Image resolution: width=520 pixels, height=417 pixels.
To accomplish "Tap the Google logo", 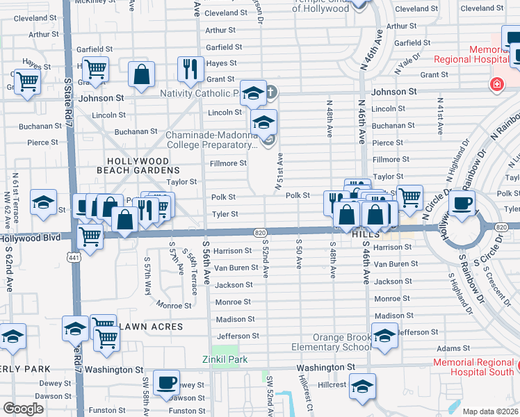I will tap(24, 409).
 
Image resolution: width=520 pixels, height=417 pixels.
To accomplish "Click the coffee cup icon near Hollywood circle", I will tap(462, 204).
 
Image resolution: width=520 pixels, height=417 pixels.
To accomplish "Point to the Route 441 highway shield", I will tap(72, 256).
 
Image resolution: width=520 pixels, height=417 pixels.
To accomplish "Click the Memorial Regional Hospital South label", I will tap(476, 367).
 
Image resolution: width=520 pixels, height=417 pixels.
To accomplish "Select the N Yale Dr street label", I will tap(407, 63).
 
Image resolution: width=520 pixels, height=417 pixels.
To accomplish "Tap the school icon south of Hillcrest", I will tap(362, 386).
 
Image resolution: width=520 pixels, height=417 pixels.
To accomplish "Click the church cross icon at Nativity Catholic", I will tap(272, 91).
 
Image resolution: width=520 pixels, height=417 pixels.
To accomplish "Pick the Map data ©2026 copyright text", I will tap(490, 411).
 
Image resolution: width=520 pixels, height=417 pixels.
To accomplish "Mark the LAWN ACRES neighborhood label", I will tap(142, 326).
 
